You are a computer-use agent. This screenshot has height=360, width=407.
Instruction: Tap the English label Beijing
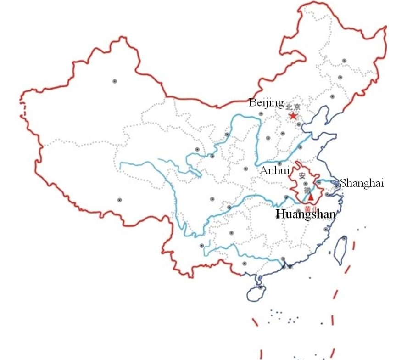(x=266, y=103)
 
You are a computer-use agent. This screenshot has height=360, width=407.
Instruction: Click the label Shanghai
(x=361, y=183)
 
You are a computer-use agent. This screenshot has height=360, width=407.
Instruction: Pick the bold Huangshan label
(x=305, y=214)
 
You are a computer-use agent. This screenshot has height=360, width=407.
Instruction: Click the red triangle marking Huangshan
(x=311, y=197)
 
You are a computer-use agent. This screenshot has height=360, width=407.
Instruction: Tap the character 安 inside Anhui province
(x=301, y=176)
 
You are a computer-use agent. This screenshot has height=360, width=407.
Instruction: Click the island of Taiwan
(x=341, y=250)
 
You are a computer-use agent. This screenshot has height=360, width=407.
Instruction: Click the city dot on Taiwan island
(x=344, y=239)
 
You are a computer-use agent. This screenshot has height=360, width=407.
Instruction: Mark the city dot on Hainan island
(x=261, y=288)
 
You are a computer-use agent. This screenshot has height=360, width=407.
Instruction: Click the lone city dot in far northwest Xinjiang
(x=115, y=81)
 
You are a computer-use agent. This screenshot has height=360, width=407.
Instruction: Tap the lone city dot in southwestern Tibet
(x=120, y=200)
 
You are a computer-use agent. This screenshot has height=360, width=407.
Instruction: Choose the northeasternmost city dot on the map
(x=344, y=61)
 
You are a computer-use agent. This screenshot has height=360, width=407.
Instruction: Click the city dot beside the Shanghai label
(x=336, y=186)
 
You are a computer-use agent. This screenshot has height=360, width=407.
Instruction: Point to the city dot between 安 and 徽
(x=306, y=184)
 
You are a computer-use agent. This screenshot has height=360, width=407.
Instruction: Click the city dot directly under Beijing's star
(x=299, y=124)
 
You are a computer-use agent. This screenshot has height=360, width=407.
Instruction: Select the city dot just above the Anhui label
(x=279, y=163)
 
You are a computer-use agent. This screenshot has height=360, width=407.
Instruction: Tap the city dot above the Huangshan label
(x=299, y=211)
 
